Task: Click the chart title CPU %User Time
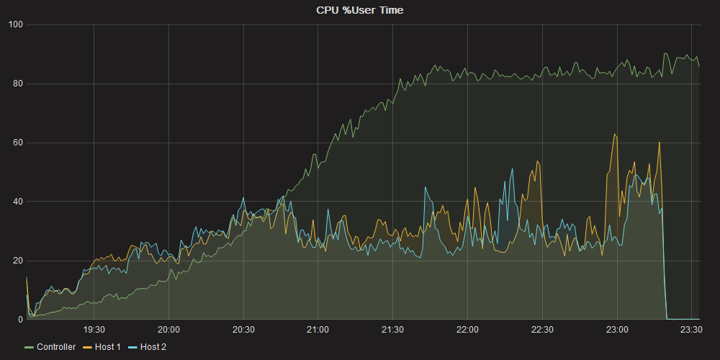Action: pyautogui.click(x=360, y=10)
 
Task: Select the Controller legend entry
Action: pyautogui.click(x=55, y=347)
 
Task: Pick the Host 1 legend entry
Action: pyautogui.click(x=107, y=347)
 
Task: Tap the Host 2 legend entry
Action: pyautogui.click(x=153, y=347)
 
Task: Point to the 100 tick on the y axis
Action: pyautogui.click(x=16, y=25)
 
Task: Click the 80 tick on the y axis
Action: pyautogui.click(x=18, y=84)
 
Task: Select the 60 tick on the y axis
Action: pyautogui.click(x=18, y=143)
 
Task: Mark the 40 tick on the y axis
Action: pyautogui.click(x=18, y=202)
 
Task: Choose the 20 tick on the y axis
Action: pyautogui.click(x=18, y=261)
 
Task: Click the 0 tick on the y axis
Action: pyautogui.click(x=21, y=320)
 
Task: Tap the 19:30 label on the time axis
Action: pyautogui.click(x=94, y=330)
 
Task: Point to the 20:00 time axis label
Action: pyautogui.click(x=168, y=330)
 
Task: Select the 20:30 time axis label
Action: pyautogui.click(x=243, y=330)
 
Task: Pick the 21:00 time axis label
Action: pyautogui.click(x=318, y=330)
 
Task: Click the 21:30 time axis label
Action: pyautogui.click(x=392, y=330)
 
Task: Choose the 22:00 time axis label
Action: pyautogui.click(x=467, y=330)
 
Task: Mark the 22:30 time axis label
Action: pyautogui.click(x=542, y=330)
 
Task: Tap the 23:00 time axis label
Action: pyautogui.click(x=617, y=330)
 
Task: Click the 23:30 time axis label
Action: pyautogui.click(x=691, y=330)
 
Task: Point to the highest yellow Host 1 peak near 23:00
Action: pyautogui.click(x=614, y=135)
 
